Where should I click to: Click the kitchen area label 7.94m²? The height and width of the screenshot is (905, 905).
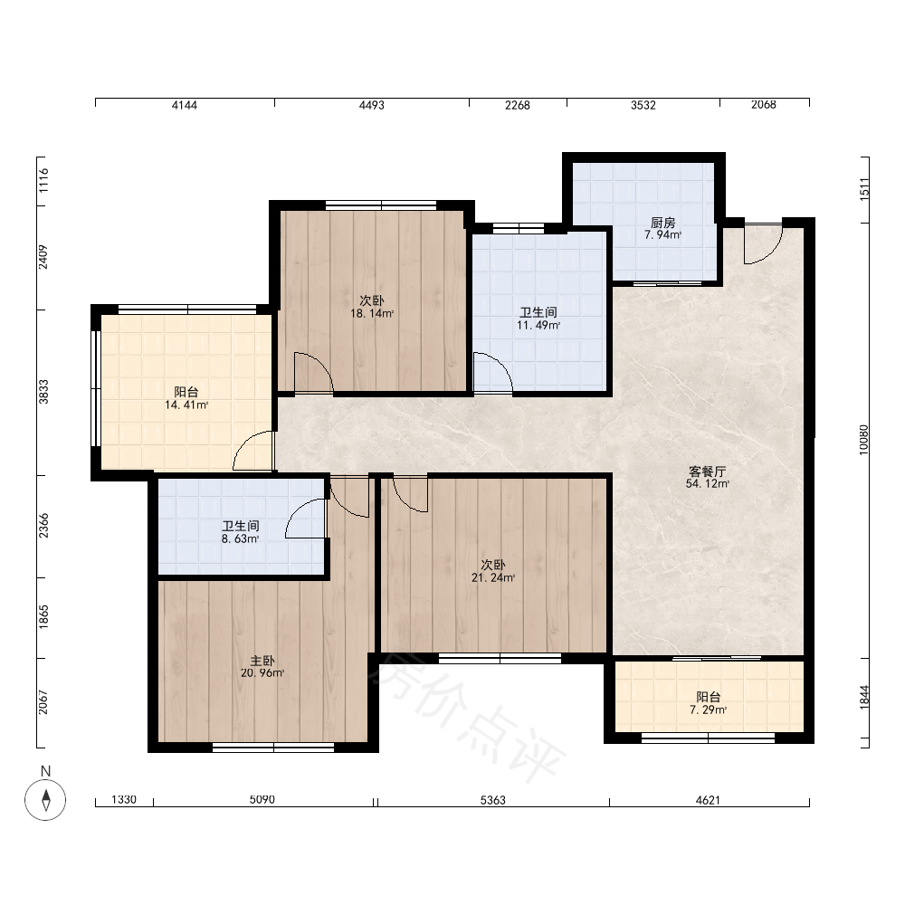pos(662,235)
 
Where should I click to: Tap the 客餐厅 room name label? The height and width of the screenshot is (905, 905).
pos(707,472)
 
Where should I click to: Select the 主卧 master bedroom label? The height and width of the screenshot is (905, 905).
pos(262,661)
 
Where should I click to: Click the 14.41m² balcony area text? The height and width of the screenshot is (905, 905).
pos(186,405)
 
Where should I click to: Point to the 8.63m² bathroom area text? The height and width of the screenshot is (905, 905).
pos(240,539)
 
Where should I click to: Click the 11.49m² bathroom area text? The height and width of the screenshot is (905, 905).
pos(538,326)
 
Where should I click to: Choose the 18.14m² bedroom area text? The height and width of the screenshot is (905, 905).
pos(372,314)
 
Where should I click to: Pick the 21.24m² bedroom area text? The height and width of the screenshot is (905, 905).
pos(493,577)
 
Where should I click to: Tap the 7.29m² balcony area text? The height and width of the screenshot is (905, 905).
pos(709,710)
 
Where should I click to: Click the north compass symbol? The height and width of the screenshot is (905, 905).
pos(45,799)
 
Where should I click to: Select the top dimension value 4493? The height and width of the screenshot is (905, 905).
pos(371,105)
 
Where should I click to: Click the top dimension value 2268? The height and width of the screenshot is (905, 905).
pos(517,105)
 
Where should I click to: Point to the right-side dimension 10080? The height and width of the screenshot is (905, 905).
pos(863,440)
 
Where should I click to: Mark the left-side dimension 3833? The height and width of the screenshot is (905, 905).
pos(43,392)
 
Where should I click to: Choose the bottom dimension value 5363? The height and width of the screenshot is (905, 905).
pos(493,800)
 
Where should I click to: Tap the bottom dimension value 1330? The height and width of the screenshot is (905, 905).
pos(123,799)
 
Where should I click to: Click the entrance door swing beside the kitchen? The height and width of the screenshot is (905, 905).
pos(763,243)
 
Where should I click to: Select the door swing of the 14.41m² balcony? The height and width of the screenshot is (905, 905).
pos(252,451)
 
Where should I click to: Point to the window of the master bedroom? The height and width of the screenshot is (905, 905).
pos(273,748)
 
